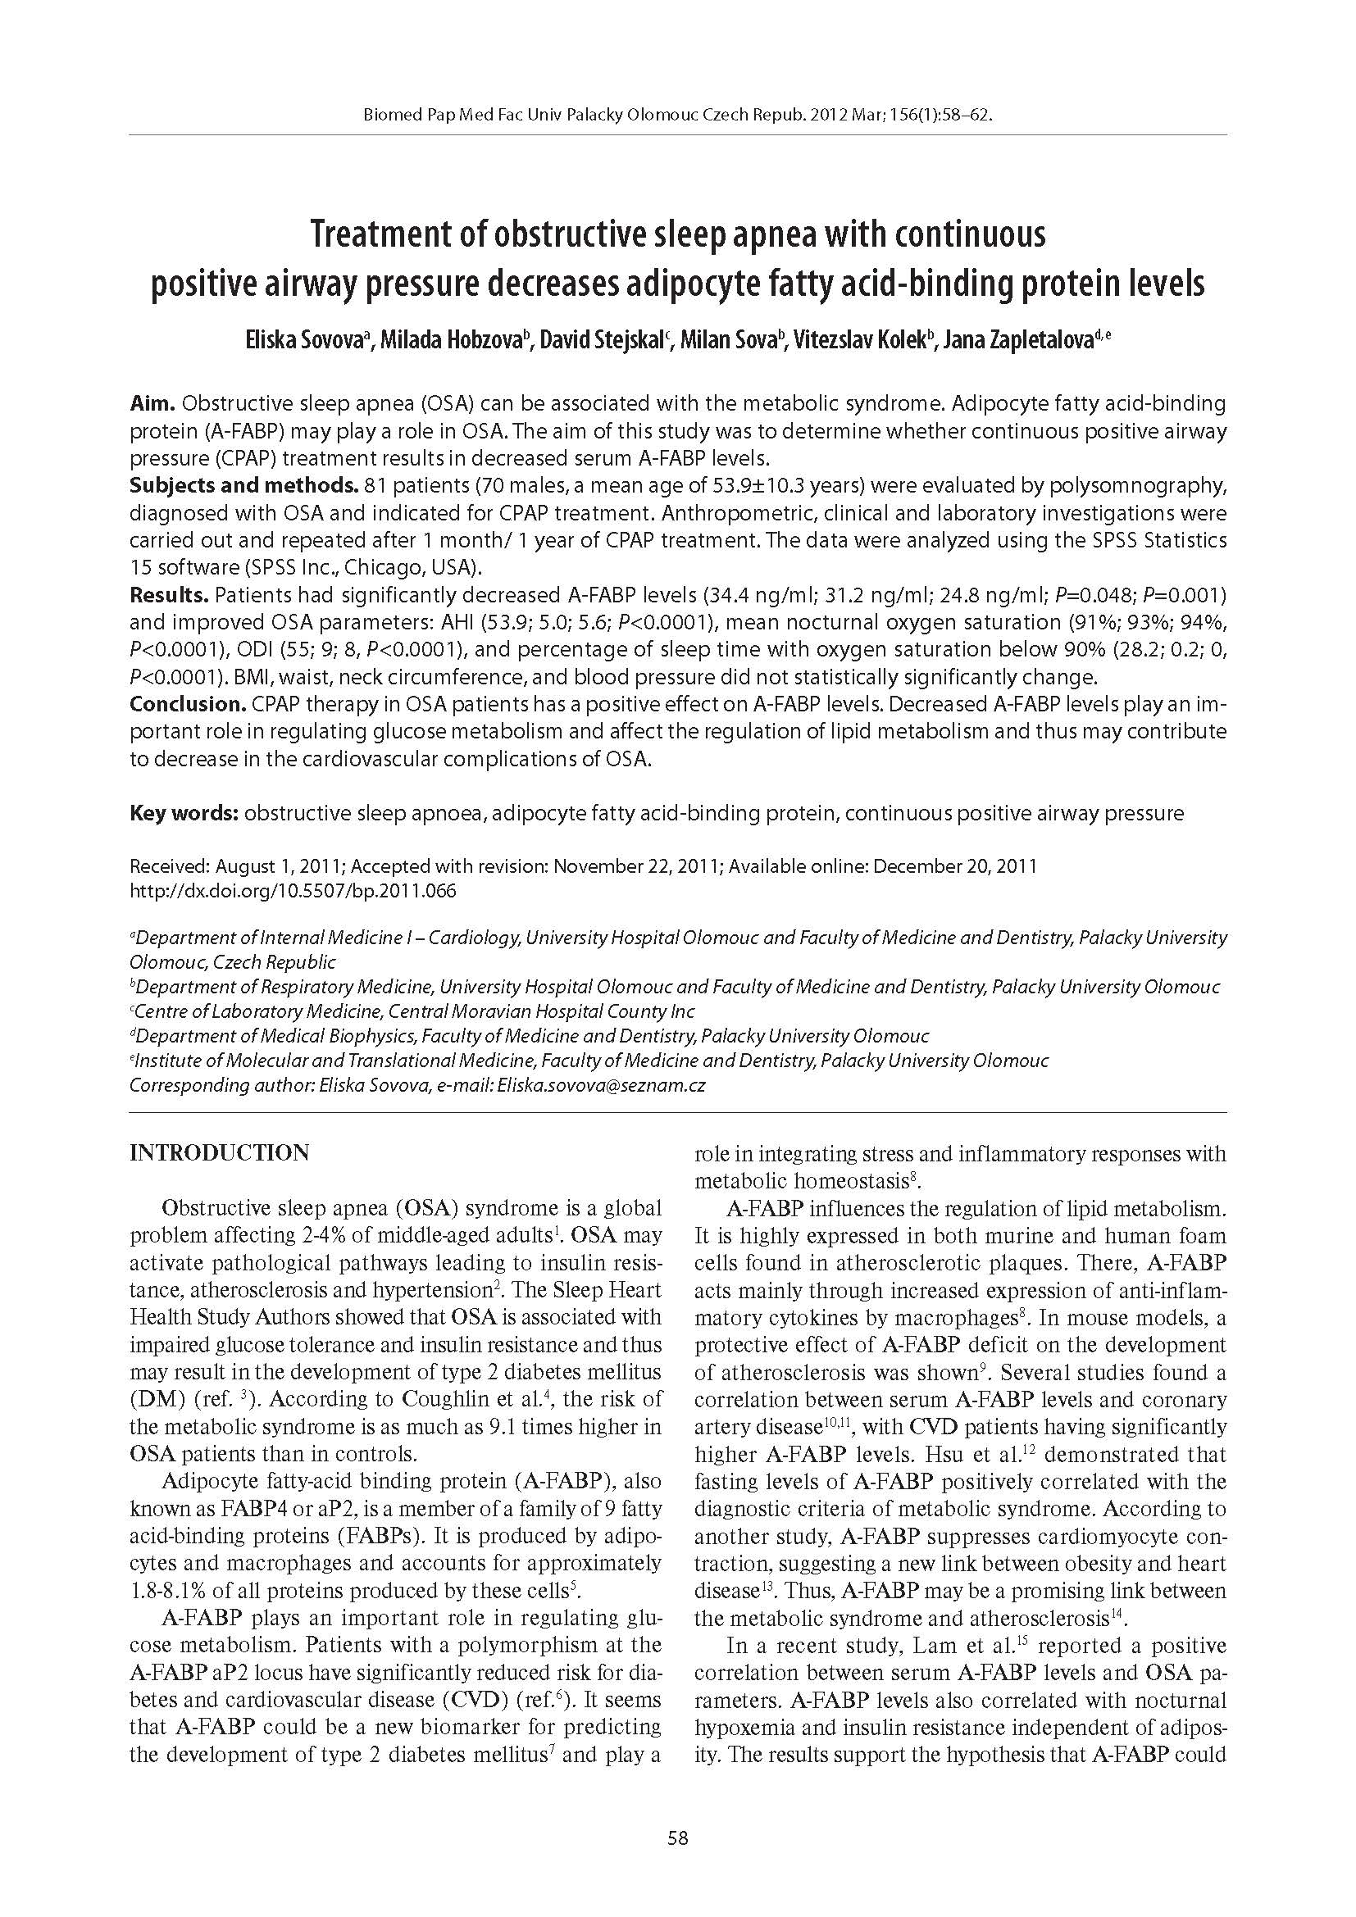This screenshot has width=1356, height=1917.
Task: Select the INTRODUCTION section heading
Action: [220, 1153]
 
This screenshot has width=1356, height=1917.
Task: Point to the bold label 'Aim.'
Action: [152, 404]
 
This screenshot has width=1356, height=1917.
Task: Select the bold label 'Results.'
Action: [169, 595]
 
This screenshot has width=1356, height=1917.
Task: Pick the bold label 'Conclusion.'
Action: [185, 704]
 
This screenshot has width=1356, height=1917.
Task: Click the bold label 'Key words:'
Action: [184, 813]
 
